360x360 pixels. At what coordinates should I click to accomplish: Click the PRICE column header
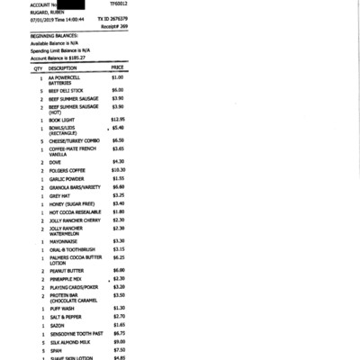pyautogui.click(x=117, y=67)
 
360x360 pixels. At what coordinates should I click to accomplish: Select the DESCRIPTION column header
pyautogui.click(x=62, y=67)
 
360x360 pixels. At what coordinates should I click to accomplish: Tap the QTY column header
pyautogui.click(x=39, y=67)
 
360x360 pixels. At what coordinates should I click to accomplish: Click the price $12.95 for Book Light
pyautogui.click(x=118, y=119)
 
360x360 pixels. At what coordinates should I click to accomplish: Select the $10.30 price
pyautogui.click(x=118, y=169)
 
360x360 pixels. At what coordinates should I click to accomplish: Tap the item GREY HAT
pyautogui.click(x=59, y=195)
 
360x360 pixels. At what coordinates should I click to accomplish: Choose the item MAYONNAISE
pyautogui.click(x=63, y=240)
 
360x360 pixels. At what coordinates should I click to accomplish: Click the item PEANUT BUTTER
pyautogui.click(x=67, y=270)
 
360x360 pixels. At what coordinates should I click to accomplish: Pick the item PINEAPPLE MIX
pyautogui.click(x=66, y=279)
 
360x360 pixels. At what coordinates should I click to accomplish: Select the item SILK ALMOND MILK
pyautogui.click(x=69, y=342)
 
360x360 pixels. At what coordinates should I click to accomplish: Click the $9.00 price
pyautogui.click(x=118, y=342)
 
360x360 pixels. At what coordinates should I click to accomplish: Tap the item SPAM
pyautogui.click(x=56, y=350)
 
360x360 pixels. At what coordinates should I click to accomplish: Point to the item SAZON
pyautogui.click(x=57, y=324)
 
